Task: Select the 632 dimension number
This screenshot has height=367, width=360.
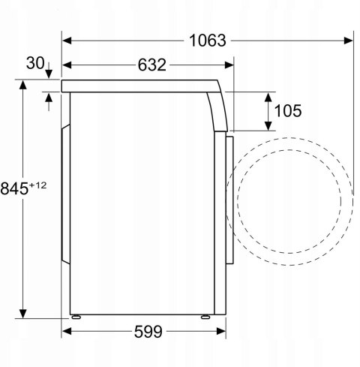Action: (x=152, y=65)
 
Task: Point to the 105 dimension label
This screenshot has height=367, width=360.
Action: (x=288, y=111)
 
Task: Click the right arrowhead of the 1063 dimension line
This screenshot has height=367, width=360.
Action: (x=349, y=41)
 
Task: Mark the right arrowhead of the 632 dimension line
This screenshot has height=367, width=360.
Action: (x=229, y=65)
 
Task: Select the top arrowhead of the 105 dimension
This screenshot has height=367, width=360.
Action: (x=268, y=96)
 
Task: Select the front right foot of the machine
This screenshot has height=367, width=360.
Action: (x=204, y=317)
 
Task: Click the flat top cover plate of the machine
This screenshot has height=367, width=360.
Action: (x=135, y=86)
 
